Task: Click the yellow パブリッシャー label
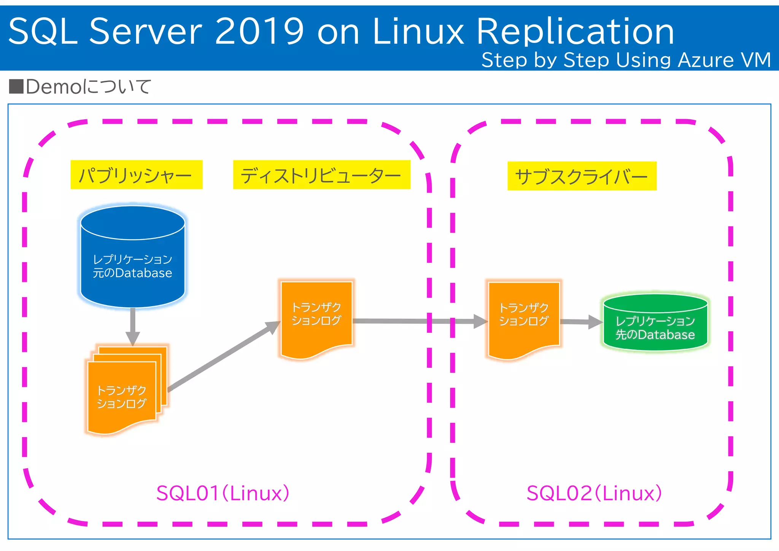pos(136,175)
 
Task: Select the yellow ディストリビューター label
pos(321,175)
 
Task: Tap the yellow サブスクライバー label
pos(582,176)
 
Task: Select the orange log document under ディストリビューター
pos(316,318)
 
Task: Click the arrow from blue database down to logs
pos(133,326)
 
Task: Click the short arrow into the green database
pos(580,322)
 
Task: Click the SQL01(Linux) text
pos(223,493)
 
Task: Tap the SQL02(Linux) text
pos(594,493)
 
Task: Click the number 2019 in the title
pos(259,31)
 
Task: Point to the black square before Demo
pos(16,86)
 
